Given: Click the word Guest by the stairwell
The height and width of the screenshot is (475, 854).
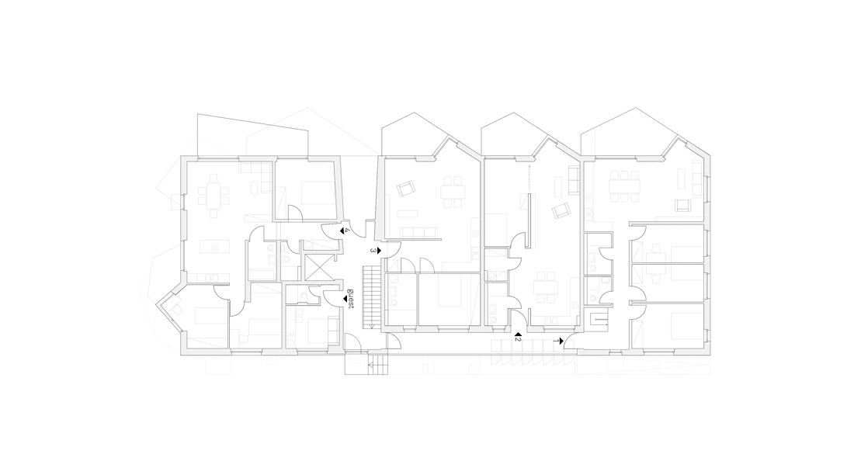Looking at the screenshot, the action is (351, 298).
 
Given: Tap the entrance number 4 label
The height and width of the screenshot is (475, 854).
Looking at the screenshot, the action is (348, 231).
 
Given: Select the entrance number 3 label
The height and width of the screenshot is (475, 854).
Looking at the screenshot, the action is (373, 251).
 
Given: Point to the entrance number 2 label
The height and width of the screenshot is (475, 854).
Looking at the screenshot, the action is (519, 339).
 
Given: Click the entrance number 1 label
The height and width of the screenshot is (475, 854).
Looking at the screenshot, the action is (556, 341).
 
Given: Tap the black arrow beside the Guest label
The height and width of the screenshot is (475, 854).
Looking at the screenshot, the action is (344, 299).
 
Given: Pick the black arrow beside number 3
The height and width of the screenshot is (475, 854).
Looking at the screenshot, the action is (379, 251).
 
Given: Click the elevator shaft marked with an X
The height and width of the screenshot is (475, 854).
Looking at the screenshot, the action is (317, 268).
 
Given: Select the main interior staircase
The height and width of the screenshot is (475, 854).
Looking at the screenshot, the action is (371, 297).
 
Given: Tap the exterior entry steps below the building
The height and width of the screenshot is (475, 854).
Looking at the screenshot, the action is (378, 364).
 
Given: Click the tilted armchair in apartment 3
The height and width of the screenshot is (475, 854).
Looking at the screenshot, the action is (406, 189).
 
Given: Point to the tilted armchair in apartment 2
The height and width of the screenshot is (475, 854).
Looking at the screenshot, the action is (561, 211).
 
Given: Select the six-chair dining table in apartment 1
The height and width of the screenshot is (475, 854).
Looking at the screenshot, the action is (624, 185).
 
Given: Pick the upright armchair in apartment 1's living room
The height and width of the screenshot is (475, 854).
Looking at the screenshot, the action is (682, 206).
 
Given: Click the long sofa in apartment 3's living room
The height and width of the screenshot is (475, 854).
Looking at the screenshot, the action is (419, 234).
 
